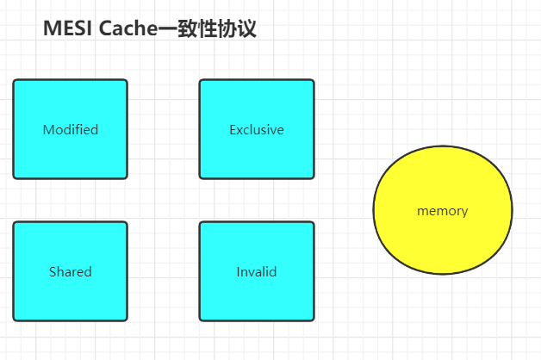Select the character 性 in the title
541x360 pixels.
tap(205, 28)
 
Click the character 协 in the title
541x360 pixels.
tap(226, 28)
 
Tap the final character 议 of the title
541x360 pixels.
tap(246, 28)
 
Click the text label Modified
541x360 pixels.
tap(71, 130)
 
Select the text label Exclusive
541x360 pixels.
tap(257, 130)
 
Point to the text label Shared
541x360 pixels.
tap(71, 272)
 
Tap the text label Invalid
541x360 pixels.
tap(257, 272)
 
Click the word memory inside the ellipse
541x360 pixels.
tap(442, 211)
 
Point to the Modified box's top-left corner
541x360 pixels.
tap(14, 81)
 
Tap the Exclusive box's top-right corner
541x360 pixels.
tap(313, 81)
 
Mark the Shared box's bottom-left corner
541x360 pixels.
tap(14, 320)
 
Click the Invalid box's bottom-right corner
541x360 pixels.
tap(313, 320)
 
